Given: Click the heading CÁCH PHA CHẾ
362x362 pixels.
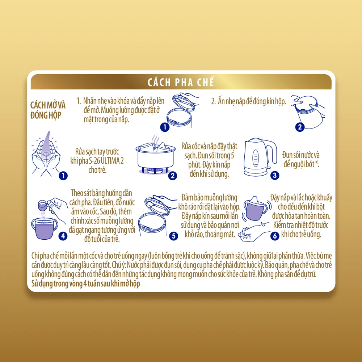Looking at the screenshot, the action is (x=181, y=82).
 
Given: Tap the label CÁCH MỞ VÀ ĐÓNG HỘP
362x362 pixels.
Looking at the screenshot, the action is (x=48, y=110).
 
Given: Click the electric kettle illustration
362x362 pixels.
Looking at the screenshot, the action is (x=260, y=157).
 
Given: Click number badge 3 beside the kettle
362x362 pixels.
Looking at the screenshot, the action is (x=275, y=175).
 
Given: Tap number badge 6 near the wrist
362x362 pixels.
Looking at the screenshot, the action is (x=275, y=236).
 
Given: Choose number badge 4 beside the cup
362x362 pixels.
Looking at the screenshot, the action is (x=63, y=236).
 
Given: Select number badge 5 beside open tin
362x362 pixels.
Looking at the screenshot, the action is (x=174, y=236).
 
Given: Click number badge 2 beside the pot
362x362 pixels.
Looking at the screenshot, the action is (x=173, y=176).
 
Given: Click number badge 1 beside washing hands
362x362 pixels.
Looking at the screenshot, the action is (x=63, y=176).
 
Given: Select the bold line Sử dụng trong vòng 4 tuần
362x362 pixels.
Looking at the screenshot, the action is (x=86, y=283).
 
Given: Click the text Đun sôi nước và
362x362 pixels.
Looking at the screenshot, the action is (x=301, y=155).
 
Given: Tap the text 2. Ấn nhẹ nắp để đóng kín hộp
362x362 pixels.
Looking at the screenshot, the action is (x=248, y=101).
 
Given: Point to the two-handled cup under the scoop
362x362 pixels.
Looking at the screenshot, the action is (x=45, y=228).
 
